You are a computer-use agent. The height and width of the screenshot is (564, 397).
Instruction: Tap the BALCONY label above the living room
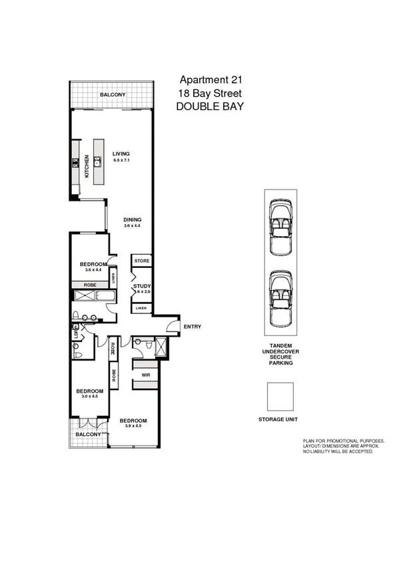[112, 95]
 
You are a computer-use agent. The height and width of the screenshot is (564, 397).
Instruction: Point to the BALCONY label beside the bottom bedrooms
[87, 434]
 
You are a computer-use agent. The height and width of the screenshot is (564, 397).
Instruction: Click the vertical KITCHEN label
[87, 166]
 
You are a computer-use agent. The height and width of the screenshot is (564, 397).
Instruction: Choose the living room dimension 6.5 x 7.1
[121, 161]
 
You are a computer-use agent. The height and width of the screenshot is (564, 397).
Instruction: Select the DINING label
[133, 219]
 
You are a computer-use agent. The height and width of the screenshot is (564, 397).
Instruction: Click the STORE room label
[141, 261]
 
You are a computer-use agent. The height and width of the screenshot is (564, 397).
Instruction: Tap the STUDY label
[142, 286]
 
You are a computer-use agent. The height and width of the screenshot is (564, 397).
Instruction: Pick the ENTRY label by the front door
[192, 327]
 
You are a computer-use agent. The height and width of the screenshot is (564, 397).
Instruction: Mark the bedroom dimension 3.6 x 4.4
[92, 269]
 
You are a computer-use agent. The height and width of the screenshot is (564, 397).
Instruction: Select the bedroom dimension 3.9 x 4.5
[133, 427]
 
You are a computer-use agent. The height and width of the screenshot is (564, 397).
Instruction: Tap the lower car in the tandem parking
[280, 299]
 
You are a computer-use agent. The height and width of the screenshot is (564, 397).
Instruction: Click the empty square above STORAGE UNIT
[280, 396]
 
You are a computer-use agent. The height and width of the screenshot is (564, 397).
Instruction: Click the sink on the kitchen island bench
[97, 161]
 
